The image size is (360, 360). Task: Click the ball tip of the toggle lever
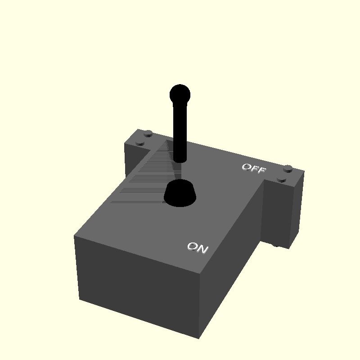tap(180, 94)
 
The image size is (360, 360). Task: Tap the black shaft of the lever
tap(180, 130)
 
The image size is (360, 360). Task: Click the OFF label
tap(254, 169)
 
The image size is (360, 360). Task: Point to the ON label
tap(198, 247)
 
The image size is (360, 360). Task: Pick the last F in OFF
tap(261, 171)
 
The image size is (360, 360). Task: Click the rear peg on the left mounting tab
tap(148, 133)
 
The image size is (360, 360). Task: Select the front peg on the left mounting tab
tap(140, 143)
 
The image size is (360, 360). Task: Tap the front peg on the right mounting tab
tap(282, 179)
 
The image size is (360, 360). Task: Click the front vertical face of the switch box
tap(135, 288)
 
